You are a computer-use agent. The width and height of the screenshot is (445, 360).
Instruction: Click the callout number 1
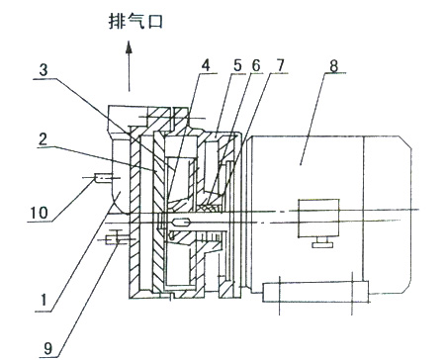pos(44,301)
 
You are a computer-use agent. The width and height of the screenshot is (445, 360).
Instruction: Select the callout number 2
pos(43,138)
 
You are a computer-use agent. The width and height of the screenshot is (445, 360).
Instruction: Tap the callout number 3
pos(44,70)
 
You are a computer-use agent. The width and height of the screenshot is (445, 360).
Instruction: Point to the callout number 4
pos(206,65)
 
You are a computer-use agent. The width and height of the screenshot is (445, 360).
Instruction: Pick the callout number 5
pos(237,65)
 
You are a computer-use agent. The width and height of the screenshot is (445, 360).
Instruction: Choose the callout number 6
pos(256,65)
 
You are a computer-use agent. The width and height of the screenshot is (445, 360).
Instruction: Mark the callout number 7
pos(280,65)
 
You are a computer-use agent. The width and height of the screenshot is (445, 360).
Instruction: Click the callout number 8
pos(333,65)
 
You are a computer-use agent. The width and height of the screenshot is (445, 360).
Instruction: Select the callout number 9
pos(48,348)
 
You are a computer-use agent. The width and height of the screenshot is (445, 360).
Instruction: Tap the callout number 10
pos(40,213)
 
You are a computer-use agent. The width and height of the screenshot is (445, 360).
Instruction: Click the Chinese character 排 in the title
pos(117,22)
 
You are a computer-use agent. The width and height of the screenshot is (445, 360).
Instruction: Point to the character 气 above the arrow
pos(135,22)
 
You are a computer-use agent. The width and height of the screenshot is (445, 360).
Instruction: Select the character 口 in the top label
pos(154,22)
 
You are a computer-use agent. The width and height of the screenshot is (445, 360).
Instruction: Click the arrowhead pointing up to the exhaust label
pos(129,46)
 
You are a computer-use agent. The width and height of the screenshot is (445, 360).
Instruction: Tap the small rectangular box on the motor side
pos(318,218)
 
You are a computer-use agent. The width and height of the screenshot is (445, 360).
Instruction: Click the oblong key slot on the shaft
pos(180,223)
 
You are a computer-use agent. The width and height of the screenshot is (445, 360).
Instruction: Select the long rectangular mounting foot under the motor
pos(315,292)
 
